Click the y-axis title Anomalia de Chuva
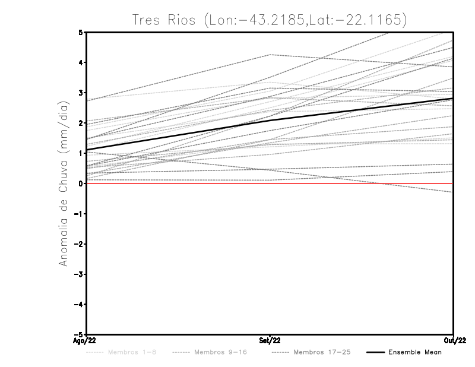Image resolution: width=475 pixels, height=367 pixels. (62, 183)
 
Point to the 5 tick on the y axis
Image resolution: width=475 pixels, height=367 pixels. (80, 32)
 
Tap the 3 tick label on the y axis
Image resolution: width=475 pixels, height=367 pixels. (80, 93)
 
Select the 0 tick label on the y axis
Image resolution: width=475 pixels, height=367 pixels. (80, 183)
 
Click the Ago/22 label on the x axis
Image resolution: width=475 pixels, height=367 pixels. (84, 340)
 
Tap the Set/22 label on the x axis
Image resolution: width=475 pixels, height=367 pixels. (270, 340)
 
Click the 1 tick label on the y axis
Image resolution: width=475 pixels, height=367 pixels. (80, 153)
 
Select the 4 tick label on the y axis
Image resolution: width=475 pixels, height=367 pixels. (80, 63)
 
